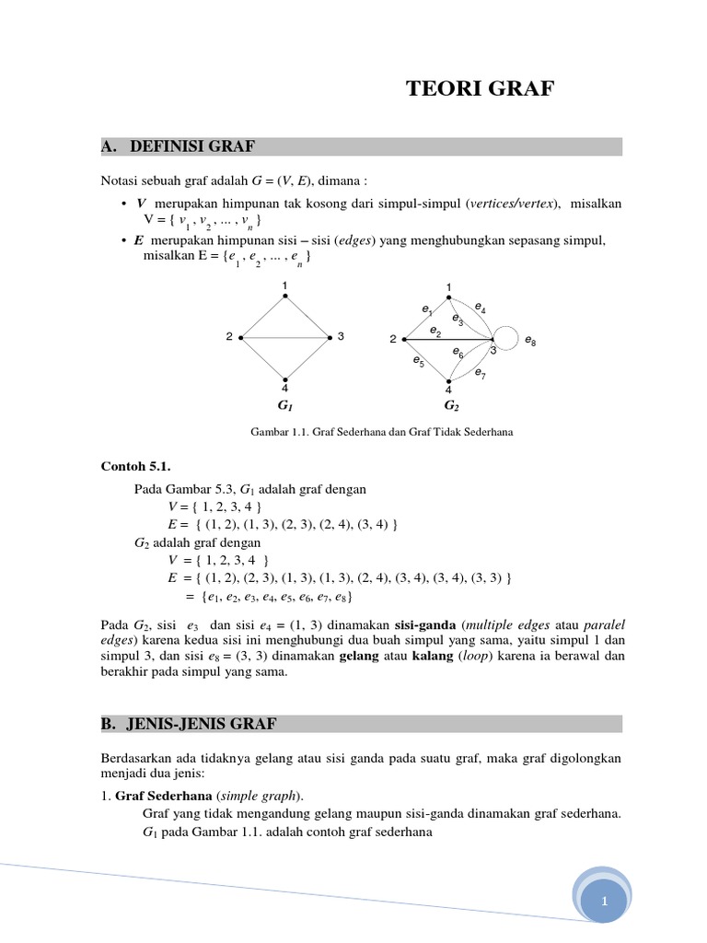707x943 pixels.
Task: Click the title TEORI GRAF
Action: tap(481, 89)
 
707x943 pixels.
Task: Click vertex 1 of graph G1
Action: tap(285, 296)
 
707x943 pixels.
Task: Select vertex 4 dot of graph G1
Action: tap(285, 379)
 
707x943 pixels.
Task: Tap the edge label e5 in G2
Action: tap(419, 361)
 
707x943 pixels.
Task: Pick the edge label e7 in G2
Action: tap(481, 373)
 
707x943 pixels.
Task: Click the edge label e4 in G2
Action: tap(481, 307)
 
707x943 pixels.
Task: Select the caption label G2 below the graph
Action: tap(451, 405)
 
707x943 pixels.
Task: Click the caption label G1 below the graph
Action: tap(285, 405)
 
